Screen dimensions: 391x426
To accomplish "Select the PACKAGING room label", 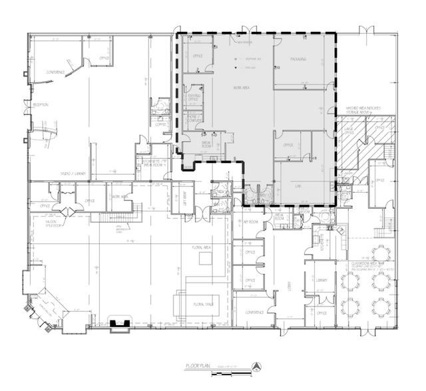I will pos(298,59).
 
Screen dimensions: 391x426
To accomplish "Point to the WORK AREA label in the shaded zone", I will pos(241,88).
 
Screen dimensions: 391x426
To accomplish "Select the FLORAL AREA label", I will pos(202,247).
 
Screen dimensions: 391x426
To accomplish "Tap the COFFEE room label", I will pos(160,124).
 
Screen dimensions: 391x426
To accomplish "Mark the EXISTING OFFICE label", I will pos(194,98).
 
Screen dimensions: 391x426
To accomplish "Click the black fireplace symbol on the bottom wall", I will pos(119,324).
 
